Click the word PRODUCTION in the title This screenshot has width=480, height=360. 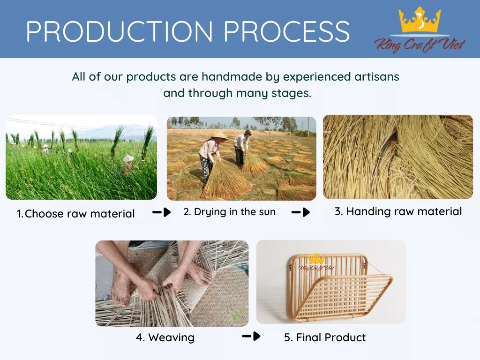[x=120, y=31]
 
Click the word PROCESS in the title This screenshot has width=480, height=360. [x=287, y=31]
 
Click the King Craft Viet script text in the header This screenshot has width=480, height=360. [x=420, y=45]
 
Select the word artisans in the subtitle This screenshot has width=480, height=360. [x=377, y=76]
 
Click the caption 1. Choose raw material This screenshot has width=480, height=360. [x=75, y=214]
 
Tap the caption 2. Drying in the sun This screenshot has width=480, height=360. [x=230, y=212]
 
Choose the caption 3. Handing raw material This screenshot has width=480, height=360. [x=398, y=211]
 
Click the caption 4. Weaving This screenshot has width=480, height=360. [x=165, y=337]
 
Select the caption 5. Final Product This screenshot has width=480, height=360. [x=325, y=337]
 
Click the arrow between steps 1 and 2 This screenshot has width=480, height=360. [x=162, y=212]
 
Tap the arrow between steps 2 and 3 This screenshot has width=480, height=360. [x=300, y=212]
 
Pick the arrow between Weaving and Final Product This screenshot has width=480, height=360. [x=251, y=336]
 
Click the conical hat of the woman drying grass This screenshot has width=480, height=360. [x=219, y=136]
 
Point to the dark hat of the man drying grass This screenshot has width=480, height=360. [x=247, y=133]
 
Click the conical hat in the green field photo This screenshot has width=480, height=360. [x=128, y=158]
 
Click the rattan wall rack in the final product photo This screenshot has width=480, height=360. [x=340, y=288]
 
